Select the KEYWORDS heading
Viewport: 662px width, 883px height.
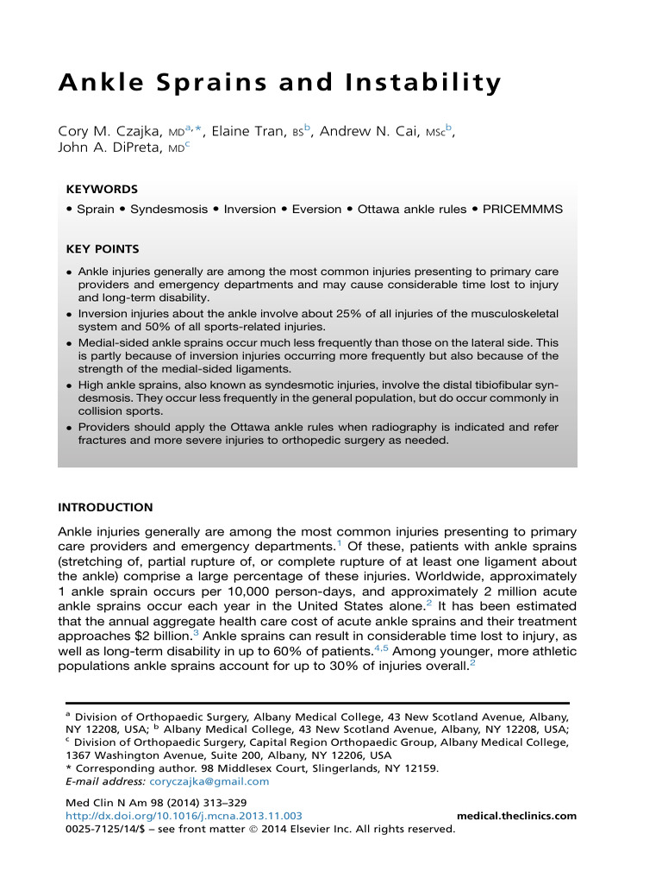(x=102, y=189)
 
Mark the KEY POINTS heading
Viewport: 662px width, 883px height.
(x=103, y=249)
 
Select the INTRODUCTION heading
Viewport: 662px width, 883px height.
(x=105, y=507)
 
